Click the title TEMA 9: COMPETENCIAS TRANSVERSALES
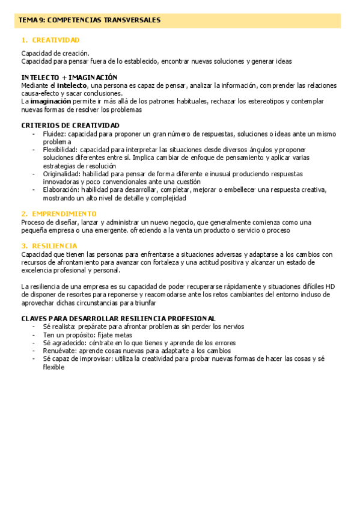90,20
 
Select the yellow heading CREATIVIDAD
56,40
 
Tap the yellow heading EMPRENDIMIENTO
64,214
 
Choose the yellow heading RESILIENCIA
55,246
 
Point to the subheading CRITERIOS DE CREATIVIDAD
70,125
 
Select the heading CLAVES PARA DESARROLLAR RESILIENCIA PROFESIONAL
118,318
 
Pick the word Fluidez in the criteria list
54,134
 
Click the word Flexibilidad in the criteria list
60,150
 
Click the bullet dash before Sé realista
34,327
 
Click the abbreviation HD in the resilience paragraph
329,287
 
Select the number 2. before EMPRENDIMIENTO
24,214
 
